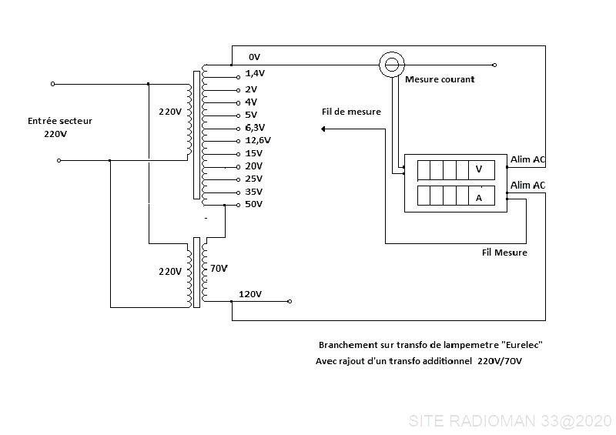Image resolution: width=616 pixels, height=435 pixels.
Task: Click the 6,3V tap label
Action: pyautogui.click(x=255, y=128)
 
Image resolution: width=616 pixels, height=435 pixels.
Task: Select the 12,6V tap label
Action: pyautogui.click(x=258, y=140)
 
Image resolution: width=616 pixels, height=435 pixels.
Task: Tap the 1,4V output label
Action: pyautogui.click(x=255, y=73)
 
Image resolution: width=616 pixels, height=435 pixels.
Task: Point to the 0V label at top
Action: pyautogui.click(x=254, y=57)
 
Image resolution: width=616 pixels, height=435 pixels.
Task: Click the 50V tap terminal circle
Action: pyautogui.click(x=238, y=205)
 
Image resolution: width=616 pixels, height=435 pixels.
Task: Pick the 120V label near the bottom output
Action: pyautogui.click(x=250, y=294)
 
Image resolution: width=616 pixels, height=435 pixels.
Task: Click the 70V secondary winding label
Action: pyautogui.click(x=219, y=269)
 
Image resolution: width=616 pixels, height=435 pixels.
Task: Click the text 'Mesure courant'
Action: pyautogui.click(x=440, y=79)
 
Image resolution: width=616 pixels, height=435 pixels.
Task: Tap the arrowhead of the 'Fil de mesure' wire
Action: pyautogui.click(x=323, y=129)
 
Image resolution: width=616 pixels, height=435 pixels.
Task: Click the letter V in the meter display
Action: pyautogui.click(x=478, y=169)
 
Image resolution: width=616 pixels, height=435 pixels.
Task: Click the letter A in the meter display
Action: pyautogui.click(x=478, y=198)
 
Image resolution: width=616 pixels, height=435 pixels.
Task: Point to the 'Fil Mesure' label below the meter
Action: pyautogui.click(x=504, y=253)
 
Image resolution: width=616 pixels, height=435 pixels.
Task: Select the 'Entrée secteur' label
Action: pyautogui.click(x=60, y=121)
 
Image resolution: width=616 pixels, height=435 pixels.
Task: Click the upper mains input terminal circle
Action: pyautogui.click(x=53, y=84)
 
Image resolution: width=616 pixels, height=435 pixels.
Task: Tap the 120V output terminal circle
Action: pyautogui.click(x=290, y=301)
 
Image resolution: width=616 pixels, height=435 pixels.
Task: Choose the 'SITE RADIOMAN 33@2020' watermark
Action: pyautogui.click(x=511, y=421)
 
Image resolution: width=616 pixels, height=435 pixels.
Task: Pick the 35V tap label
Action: pyautogui.click(x=254, y=192)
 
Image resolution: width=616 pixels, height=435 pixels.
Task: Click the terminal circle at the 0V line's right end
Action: pyautogui.click(x=494, y=65)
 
